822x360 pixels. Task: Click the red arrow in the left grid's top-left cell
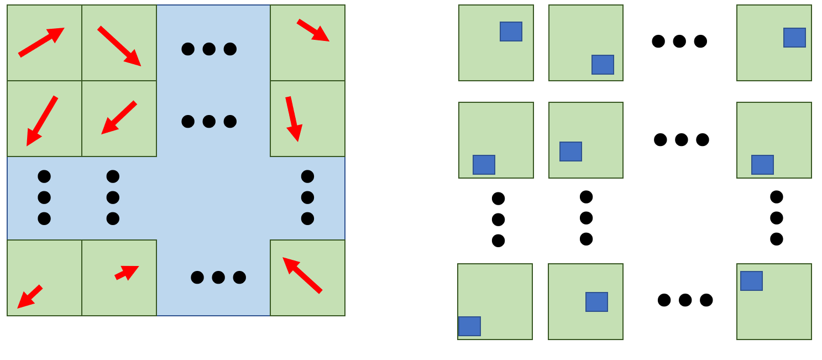coord(41,42)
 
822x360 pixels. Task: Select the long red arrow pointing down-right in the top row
coord(119,46)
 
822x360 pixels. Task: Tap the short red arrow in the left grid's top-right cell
coord(313,30)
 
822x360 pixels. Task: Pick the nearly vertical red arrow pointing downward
coord(294,118)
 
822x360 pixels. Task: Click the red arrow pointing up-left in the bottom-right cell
coord(302,275)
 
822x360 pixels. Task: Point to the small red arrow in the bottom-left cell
coord(30,297)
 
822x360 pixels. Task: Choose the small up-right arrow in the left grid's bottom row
coord(127,272)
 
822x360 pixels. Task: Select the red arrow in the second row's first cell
coord(42,121)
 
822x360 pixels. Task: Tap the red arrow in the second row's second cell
coord(119,117)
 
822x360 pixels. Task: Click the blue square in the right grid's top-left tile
coord(511,32)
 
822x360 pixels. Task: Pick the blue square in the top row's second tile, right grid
coord(603,65)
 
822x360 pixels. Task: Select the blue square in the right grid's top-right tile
coord(794,38)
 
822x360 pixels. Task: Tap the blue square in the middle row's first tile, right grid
coord(484,165)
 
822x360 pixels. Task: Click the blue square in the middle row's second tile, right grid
coord(570,152)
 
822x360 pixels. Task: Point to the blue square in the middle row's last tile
coord(762,165)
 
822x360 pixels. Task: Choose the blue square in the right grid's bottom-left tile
coord(469,326)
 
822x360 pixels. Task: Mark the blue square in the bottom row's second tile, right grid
coord(596,302)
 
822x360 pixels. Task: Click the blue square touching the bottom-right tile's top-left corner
coord(751,281)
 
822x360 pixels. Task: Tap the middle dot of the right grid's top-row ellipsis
coord(679,41)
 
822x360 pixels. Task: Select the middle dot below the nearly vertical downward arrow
coord(307,197)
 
